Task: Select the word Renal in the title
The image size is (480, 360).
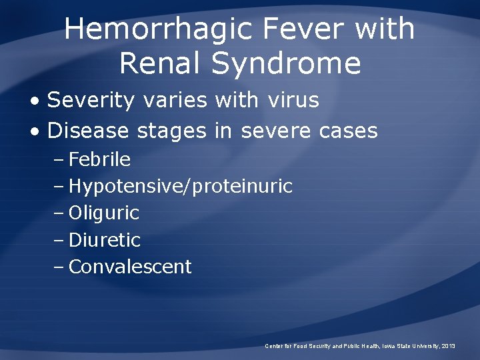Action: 161,63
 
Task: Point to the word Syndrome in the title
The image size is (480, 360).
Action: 287,63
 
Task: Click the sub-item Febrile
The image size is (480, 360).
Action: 99,160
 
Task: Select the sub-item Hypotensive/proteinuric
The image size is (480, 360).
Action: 180,187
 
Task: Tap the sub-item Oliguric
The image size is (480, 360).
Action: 104,213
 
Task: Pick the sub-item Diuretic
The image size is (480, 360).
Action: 105,240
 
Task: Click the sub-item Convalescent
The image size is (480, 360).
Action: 130,267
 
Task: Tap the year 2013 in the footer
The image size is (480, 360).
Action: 449,346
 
